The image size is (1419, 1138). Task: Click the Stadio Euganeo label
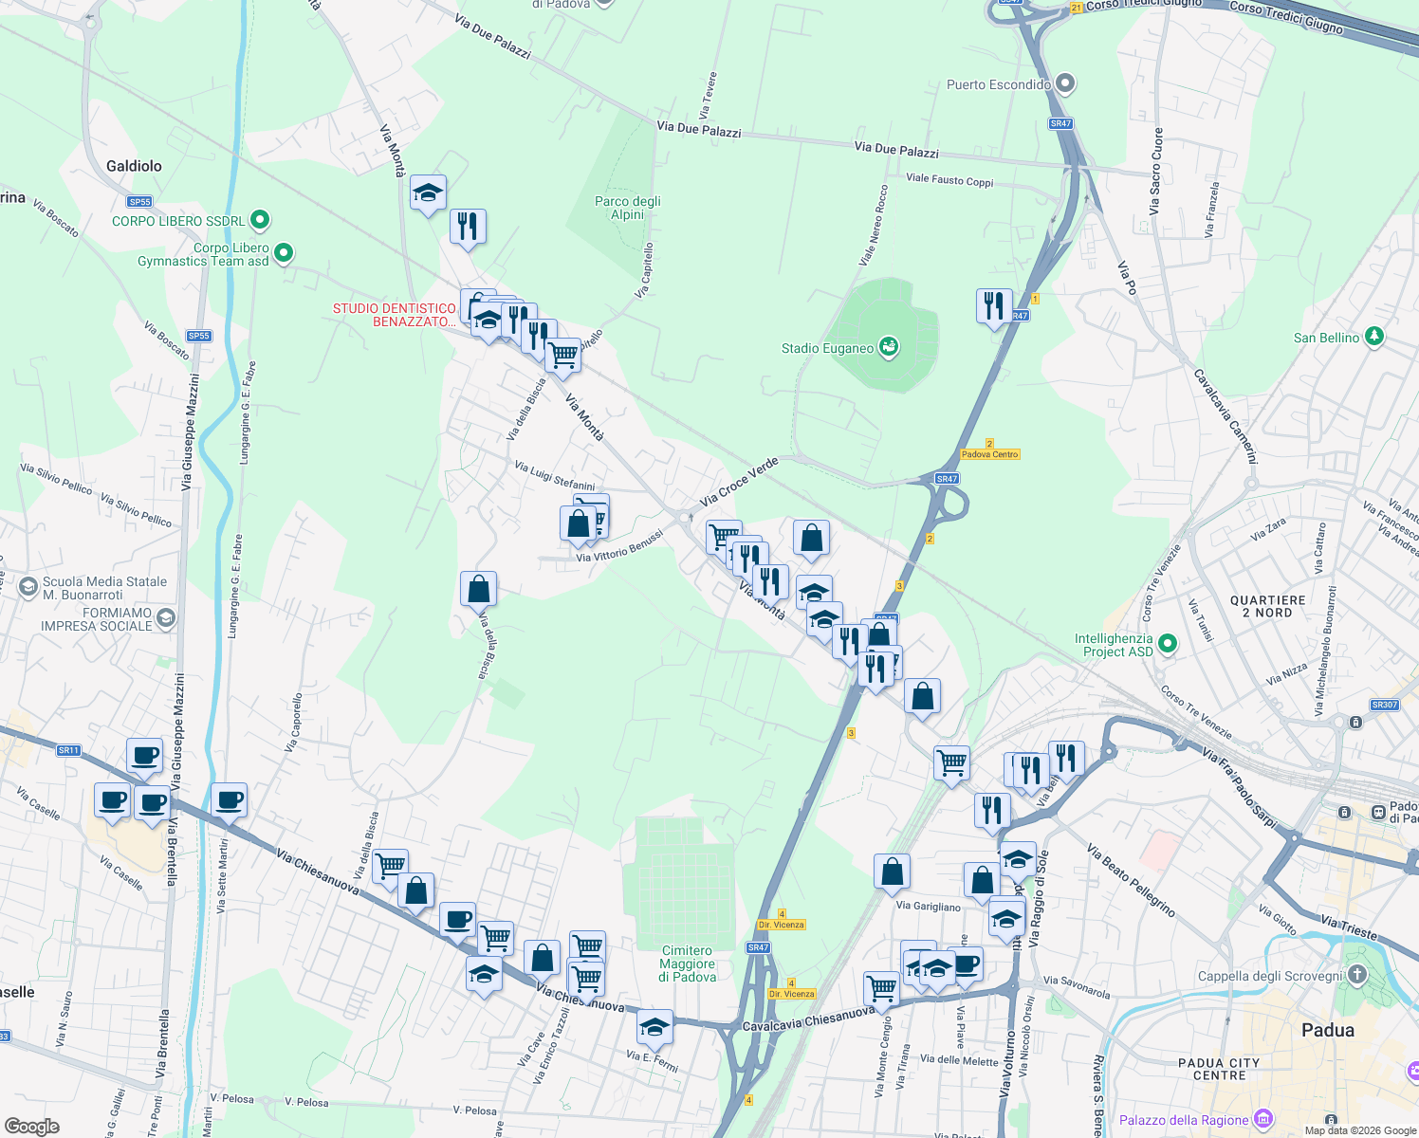827,348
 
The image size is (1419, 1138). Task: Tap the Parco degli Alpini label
627,208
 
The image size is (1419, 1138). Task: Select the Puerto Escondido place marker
1065,84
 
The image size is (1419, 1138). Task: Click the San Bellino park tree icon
1374,337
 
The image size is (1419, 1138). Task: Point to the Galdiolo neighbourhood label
134,166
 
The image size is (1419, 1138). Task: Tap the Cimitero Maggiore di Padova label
688,964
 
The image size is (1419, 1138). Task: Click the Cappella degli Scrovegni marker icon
1357,975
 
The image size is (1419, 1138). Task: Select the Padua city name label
1328,1030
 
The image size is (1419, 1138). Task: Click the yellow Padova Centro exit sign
989,454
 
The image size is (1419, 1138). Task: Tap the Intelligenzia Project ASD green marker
1168,645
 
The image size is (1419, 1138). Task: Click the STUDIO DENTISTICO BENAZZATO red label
395,315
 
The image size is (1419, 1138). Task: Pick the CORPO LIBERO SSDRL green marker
259,220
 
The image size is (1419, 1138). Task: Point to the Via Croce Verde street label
739,481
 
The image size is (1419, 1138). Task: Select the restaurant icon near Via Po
993,306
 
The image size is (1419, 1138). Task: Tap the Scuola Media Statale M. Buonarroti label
104,588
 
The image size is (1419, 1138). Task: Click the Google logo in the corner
32,1126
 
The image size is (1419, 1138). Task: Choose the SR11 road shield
68,750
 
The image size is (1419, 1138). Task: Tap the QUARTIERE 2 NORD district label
1267,606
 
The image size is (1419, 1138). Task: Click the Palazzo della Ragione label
1184,1120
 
